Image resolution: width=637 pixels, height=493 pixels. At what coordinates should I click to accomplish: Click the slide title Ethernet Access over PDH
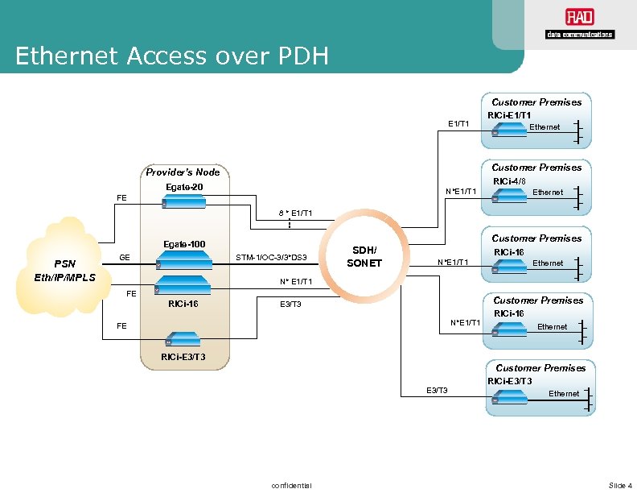coord(171,56)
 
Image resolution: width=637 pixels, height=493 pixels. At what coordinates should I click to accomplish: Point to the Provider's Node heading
coord(184,172)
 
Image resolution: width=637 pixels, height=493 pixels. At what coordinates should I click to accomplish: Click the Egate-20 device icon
coord(184,202)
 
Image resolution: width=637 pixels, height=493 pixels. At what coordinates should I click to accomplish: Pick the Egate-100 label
coord(184,244)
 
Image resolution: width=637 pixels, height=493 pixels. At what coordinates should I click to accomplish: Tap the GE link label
coord(125,258)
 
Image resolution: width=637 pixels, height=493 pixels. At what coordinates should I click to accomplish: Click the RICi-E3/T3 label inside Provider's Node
coord(183,357)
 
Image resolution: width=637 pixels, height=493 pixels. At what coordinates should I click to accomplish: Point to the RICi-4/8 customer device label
coord(508,181)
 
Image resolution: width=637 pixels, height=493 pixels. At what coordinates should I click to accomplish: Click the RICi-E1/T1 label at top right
coord(509,115)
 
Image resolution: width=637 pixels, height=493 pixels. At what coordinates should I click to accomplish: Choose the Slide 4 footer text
coord(620,485)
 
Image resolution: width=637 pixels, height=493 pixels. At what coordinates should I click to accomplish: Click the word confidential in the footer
coord(292,485)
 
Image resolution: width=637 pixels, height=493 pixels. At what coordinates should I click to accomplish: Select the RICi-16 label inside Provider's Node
coord(183,304)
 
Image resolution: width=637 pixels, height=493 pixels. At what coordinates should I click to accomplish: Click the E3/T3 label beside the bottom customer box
coord(437,391)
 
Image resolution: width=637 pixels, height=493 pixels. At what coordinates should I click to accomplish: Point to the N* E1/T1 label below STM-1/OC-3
coord(296,282)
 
